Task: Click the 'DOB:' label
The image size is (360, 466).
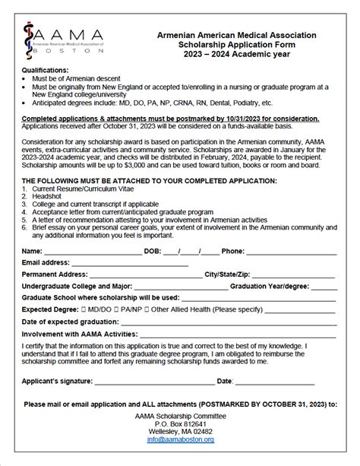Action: (x=152, y=250)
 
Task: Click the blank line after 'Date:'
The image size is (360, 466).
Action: (x=273, y=381)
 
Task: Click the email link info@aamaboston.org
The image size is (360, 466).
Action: (x=180, y=439)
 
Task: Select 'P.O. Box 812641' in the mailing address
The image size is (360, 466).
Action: (x=180, y=423)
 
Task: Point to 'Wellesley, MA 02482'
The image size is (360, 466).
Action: (x=180, y=432)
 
